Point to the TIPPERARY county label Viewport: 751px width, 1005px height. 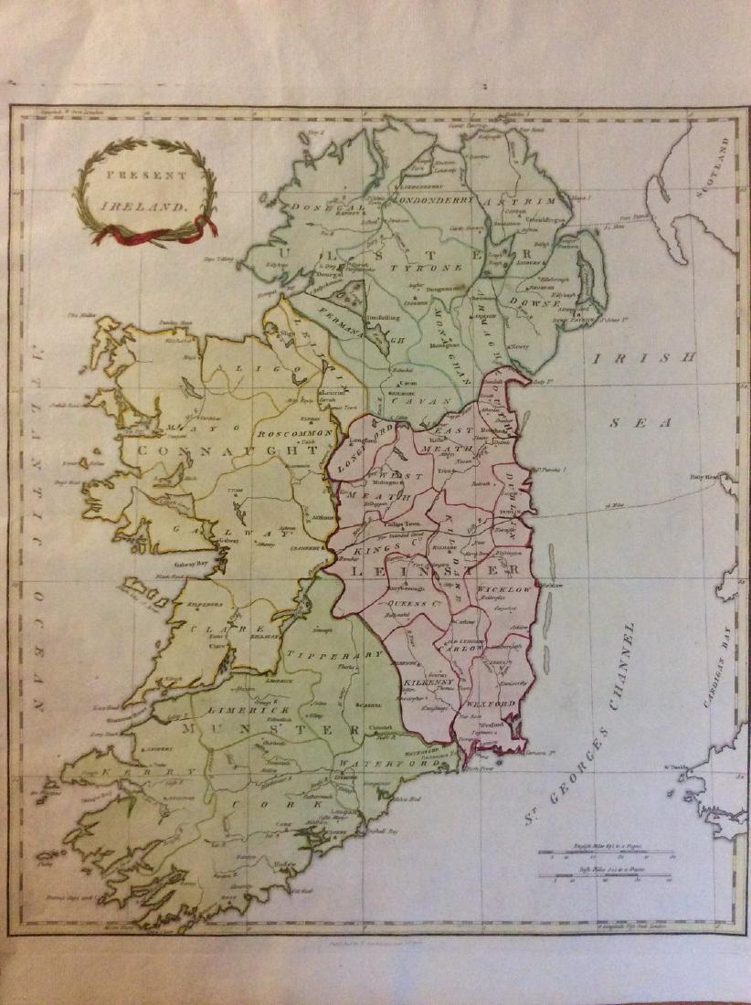pyautogui.click(x=333, y=655)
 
